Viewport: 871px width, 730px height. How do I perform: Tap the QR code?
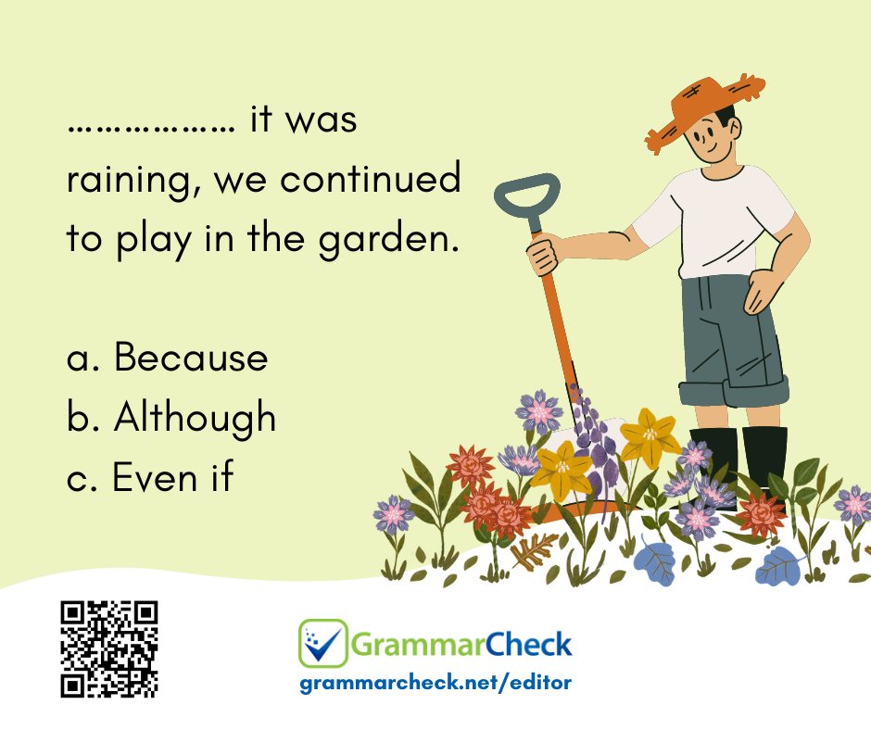[109, 648]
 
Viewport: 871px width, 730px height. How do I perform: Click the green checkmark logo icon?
[322, 643]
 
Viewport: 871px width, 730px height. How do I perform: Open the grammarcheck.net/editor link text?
[435, 683]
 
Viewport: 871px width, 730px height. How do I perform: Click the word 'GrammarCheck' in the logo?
[461, 643]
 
